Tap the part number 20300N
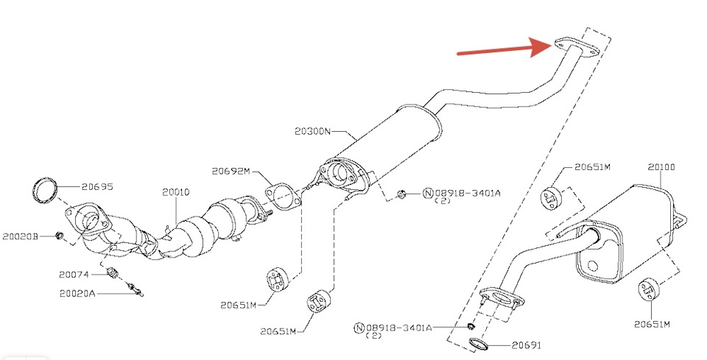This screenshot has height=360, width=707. click(312, 131)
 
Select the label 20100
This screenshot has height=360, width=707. click(661, 167)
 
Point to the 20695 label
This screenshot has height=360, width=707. click(97, 187)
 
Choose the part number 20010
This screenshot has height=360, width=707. click(176, 192)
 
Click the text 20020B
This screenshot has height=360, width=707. click(21, 236)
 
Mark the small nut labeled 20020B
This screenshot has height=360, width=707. click(60, 236)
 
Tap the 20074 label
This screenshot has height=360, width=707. click(74, 274)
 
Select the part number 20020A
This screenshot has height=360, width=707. click(77, 293)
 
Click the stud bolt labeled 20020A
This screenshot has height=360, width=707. click(133, 289)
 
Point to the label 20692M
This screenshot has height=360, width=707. click(231, 172)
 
